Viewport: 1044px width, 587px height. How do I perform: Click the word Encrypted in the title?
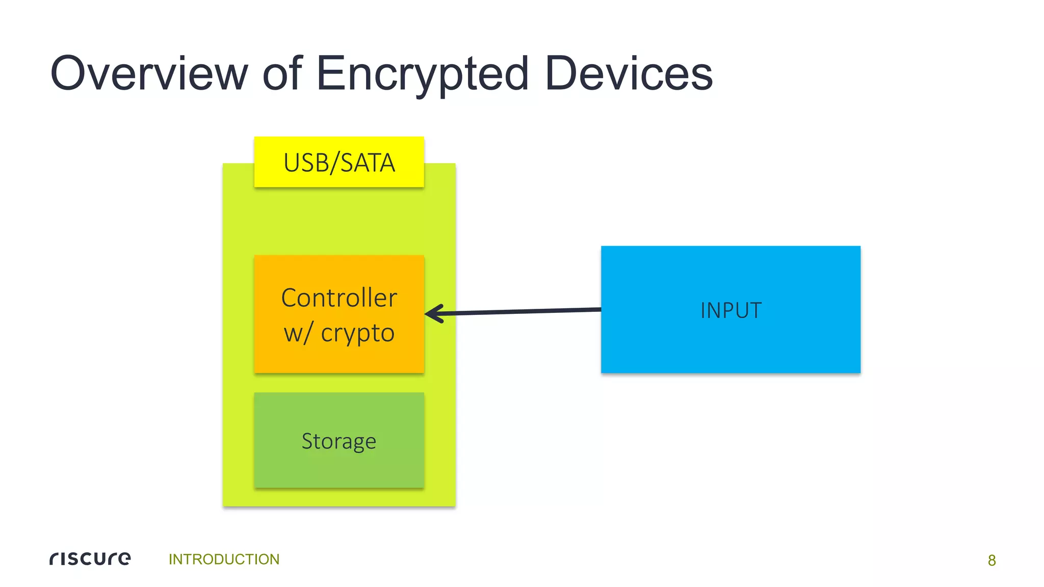pyautogui.click(x=423, y=74)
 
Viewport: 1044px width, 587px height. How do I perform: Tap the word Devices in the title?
pyautogui.click(x=629, y=74)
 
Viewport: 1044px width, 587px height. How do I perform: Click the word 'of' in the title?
pyautogui.click(x=282, y=74)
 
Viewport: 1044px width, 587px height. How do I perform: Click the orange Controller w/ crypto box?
pyautogui.click(x=339, y=362)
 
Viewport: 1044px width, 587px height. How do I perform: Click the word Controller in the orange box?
pyautogui.click(x=339, y=298)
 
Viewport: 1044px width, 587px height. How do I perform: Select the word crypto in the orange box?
pyautogui.click(x=357, y=333)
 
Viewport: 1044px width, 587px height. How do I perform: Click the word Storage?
pyautogui.click(x=339, y=441)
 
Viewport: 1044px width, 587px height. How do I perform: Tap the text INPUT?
pyautogui.click(x=730, y=310)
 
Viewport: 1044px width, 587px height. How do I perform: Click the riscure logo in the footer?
pyautogui.click(x=90, y=558)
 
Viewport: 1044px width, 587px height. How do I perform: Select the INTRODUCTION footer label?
pyautogui.click(x=224, y=559)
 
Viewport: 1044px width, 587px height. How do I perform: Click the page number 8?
pyautogui.click(x=991, y=560)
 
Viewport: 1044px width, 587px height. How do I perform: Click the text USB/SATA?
pyautogui.click(x=339, y=163)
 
